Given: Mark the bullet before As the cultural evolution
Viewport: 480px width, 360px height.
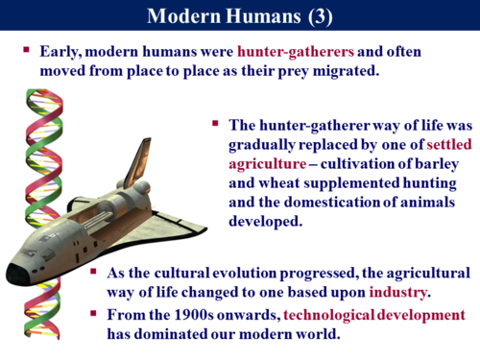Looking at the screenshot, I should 92,272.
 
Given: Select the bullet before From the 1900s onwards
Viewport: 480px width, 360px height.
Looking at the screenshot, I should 92,315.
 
